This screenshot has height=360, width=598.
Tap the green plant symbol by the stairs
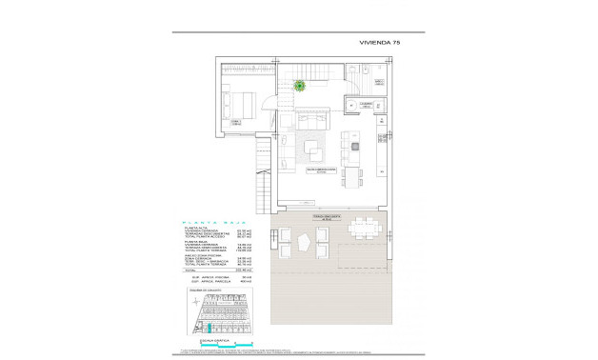point(299,87)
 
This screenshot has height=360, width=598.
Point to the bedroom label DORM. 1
point(234,122)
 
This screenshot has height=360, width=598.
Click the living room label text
point(321,170)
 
